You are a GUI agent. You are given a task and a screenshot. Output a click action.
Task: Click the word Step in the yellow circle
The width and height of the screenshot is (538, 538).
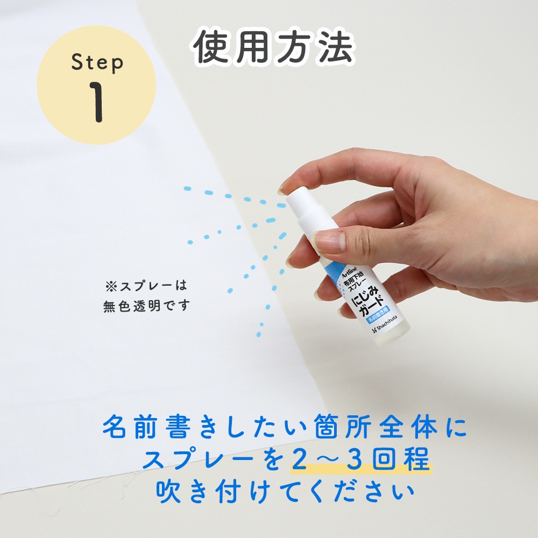[97, 63]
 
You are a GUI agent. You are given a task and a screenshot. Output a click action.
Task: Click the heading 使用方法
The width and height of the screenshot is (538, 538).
[273, 47]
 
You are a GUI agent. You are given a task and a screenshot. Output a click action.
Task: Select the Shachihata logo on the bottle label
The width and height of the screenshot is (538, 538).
[384, 327]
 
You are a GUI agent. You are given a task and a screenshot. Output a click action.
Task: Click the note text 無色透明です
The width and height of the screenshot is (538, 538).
[146, 306]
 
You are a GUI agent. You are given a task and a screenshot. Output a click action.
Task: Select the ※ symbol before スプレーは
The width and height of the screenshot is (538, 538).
[111, 286]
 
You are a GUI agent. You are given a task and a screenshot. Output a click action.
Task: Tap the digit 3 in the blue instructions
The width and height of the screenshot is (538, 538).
[355, 459]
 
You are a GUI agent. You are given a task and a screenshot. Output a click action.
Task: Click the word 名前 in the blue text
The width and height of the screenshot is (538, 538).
[129, 427]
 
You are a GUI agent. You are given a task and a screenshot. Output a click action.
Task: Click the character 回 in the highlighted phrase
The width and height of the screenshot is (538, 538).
[385, 459]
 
